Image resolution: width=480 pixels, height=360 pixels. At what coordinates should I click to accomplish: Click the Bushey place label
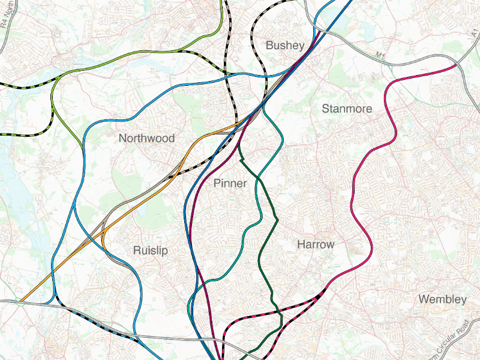click(x=285, y=46)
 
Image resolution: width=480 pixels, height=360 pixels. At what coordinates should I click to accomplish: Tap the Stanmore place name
click(x=347, y=109)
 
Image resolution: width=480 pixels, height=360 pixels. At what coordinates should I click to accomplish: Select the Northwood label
click(x=146, y=138)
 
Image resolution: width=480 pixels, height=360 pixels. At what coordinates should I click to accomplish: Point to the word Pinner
click(x=230, y=184)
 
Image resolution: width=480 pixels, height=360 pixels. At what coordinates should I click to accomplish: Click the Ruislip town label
click(x=151, y=250)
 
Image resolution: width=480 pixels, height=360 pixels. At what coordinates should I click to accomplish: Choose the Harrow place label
click(x=316, y=245)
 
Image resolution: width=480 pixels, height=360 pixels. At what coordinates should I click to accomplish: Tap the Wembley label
click(x=442, y=299)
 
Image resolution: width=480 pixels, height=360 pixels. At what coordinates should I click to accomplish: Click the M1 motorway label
click(x=380, y=56)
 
